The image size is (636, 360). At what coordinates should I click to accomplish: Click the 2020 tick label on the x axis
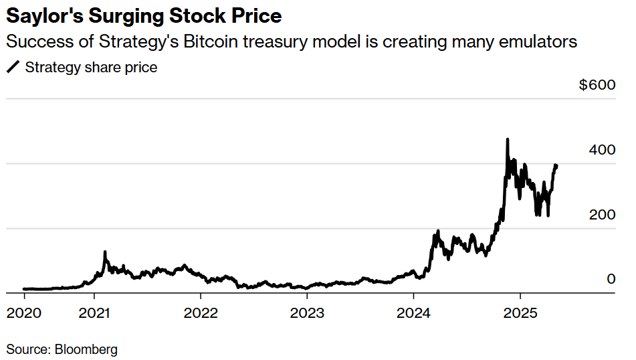click(24, 312)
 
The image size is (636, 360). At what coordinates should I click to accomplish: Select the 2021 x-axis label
click(95, 312)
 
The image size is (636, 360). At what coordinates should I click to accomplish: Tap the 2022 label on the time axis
click(201, 312)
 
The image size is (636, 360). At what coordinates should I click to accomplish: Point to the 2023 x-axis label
click(307, 312)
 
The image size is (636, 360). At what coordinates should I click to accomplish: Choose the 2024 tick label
click(413, 312)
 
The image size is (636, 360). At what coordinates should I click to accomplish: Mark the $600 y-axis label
click(597, 86)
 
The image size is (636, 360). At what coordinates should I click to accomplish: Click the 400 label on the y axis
click(601, 150)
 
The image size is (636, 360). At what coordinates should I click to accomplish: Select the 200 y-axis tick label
click(601, 215)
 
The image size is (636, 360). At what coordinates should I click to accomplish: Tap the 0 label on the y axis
click(611, 279)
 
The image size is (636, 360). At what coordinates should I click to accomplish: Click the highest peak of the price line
click(508, 139)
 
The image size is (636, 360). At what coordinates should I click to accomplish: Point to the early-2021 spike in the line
click(105, 252)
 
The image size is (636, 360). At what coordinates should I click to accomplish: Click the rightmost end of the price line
click(557, 165)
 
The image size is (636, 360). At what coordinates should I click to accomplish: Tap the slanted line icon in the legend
click(13, 68)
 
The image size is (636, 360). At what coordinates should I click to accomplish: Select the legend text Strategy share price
click(91, 68)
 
